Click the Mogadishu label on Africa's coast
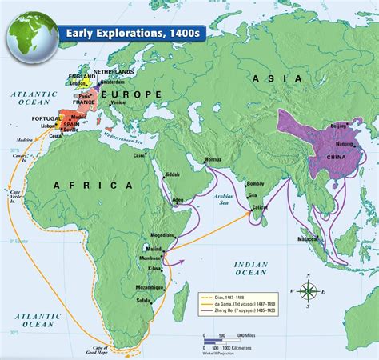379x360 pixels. [x=173, y=235]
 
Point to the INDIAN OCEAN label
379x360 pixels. [x=249, y=269]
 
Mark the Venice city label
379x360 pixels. [x=117, y=102]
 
